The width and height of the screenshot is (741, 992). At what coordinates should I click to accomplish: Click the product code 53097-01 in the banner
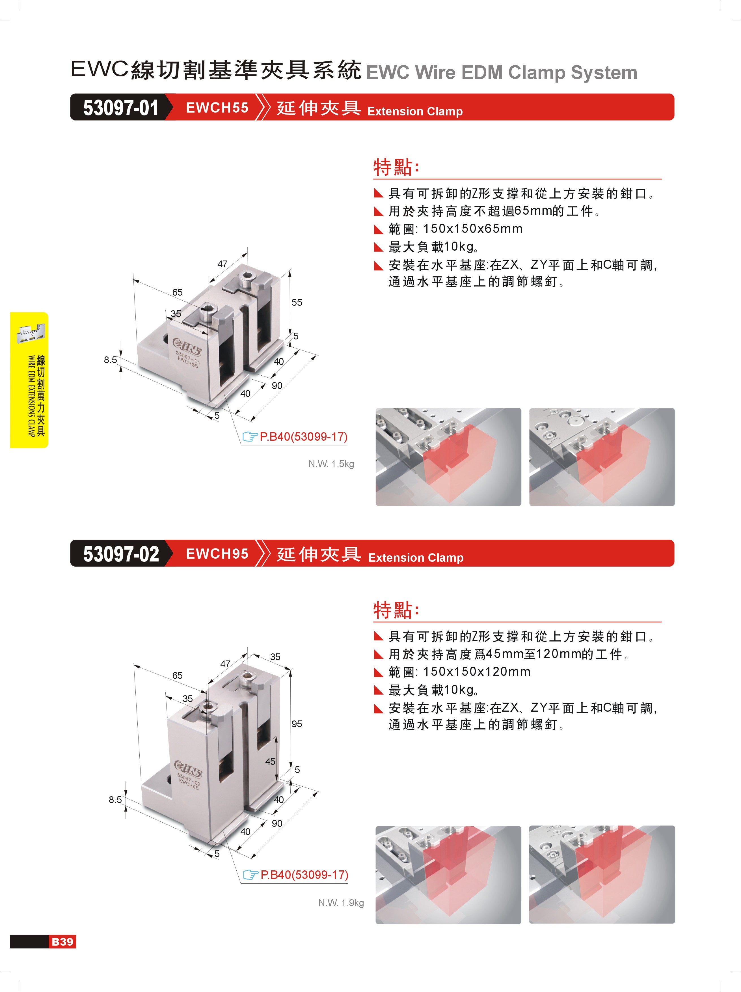[121, 108]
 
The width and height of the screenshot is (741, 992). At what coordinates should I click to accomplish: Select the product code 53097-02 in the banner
[121, 554]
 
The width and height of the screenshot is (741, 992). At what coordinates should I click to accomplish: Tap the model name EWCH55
[217, 108]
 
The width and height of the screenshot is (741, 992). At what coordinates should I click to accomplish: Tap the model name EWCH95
[217, 554]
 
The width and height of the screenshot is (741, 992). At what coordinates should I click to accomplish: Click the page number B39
[62, 941]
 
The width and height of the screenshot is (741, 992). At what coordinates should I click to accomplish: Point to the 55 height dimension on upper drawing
[297, 302]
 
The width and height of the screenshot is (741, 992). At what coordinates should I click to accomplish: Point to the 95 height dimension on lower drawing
[297, 724]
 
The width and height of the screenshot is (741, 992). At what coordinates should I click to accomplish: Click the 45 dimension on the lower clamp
[270, 761]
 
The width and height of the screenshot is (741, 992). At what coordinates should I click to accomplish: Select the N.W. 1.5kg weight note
[331, 464]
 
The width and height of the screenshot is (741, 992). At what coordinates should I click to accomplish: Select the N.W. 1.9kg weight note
[341, 903]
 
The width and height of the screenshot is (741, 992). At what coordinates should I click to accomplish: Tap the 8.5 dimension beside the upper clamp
[110, 360]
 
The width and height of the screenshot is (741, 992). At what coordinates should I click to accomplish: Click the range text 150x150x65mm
[473, 229]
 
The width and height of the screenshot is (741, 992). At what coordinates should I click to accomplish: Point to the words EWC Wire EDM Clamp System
[502, 72]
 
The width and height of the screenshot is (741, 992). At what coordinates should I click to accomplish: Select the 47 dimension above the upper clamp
[222, 264]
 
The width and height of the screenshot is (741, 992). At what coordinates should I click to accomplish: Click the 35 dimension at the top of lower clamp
[275, 657]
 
